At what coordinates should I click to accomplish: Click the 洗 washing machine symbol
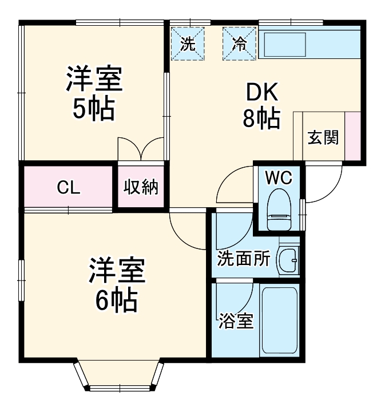pos(188,44)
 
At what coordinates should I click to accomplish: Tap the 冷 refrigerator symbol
pos(239,44)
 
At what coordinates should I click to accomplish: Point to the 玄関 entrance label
pos(323,138)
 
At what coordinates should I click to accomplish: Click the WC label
pos(279,178)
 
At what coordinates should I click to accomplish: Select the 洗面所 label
pos(244,259)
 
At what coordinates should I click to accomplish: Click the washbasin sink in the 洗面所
pos(288,261)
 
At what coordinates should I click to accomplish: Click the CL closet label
pos(69,187)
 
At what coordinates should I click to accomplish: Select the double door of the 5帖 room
pos(141,149)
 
